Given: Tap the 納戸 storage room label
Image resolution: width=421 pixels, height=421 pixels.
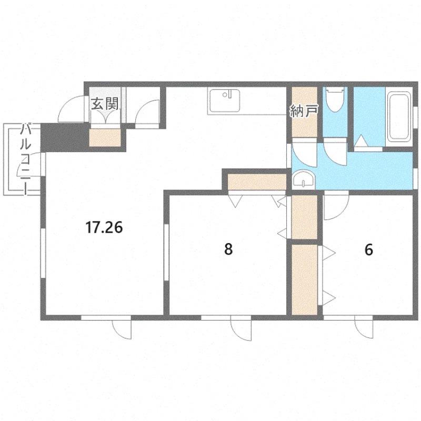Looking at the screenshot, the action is [x=304, y=111].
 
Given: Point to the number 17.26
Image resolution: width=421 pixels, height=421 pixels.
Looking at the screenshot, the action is [x=104, y=228].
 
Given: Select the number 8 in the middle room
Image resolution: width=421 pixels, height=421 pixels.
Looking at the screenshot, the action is [x=228, y=249].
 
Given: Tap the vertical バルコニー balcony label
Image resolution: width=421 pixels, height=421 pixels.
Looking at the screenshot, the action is [x=25, y=159].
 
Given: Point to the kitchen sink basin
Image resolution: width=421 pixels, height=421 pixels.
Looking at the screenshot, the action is [x=225, y=101].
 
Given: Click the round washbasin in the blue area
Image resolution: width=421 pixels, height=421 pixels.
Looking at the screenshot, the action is [x=304, y=179].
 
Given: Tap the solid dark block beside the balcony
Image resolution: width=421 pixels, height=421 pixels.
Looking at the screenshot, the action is [x=64, y=137].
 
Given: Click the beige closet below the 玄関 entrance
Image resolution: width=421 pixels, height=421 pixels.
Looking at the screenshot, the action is [x=105, y=137].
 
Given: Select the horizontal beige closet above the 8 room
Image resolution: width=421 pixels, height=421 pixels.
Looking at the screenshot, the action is [x=257, y=182].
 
